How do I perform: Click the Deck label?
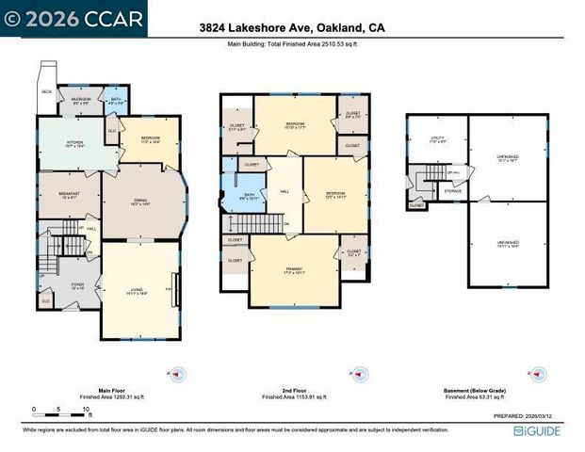point(46,91)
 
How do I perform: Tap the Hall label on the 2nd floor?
point(285,192)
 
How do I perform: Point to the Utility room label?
point(437,139)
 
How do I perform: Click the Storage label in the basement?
point(453,191)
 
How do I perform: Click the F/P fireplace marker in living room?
point(169,289)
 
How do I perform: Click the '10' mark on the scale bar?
point(87,410)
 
